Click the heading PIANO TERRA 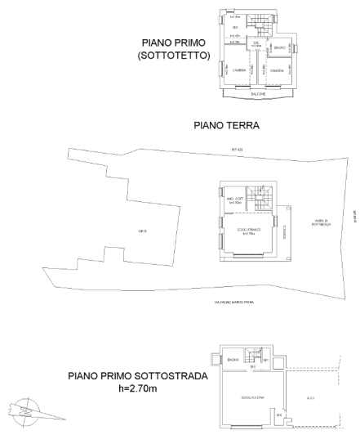[x=226, y=127]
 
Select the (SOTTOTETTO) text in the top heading [x=175, y=56]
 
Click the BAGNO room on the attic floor [x=278, y=50]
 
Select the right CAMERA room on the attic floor [x=277, y=71]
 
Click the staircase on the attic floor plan [x=259, y=23]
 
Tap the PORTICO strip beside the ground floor [x=284, y=233]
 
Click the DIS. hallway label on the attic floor [x=256, y=43]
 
